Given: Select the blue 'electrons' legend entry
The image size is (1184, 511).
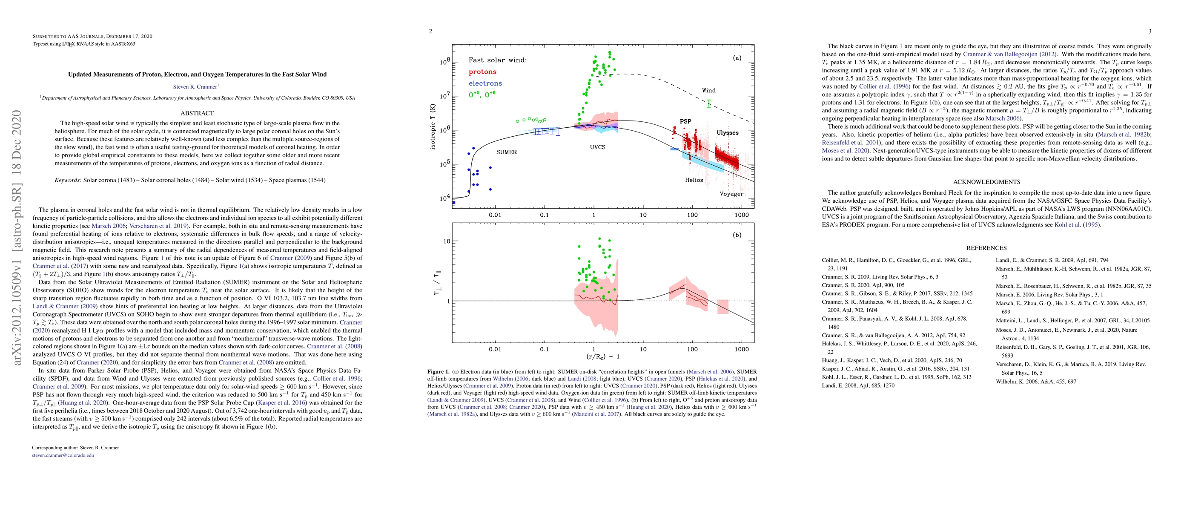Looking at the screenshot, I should [x=485, y=83].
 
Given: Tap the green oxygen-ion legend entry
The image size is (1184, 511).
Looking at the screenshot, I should [x=482, y=94].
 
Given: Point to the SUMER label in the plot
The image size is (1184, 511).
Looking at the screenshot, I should [x=506, y=152].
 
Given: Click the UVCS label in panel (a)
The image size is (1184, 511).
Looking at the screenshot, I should [x=597, y=147].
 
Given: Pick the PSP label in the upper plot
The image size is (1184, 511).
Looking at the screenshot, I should [x=685, y=121].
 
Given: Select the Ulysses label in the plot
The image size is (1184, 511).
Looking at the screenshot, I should [x=727, y=133].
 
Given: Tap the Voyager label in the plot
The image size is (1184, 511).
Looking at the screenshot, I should [x=731, y=193].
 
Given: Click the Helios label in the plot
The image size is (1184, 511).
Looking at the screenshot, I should [x=694, y=180].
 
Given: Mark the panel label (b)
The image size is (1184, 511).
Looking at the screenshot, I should [x=737, y=235].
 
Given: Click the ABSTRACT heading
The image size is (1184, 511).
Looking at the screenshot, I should [x=197, y=113].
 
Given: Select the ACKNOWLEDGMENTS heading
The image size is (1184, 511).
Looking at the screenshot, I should [x=986, y=182].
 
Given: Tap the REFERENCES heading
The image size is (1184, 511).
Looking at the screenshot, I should [x=986, y=248].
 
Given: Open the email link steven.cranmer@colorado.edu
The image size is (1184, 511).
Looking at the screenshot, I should [x=63, y=455].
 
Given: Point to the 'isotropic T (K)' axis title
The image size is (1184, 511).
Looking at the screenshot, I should [x=433, y=126].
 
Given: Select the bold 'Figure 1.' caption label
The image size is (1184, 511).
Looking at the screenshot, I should [x=439, y=372].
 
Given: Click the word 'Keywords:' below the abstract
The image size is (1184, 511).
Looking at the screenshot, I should [x=68, y=180].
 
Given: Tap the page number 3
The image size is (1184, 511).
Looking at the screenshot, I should [x=1150, y=31].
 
